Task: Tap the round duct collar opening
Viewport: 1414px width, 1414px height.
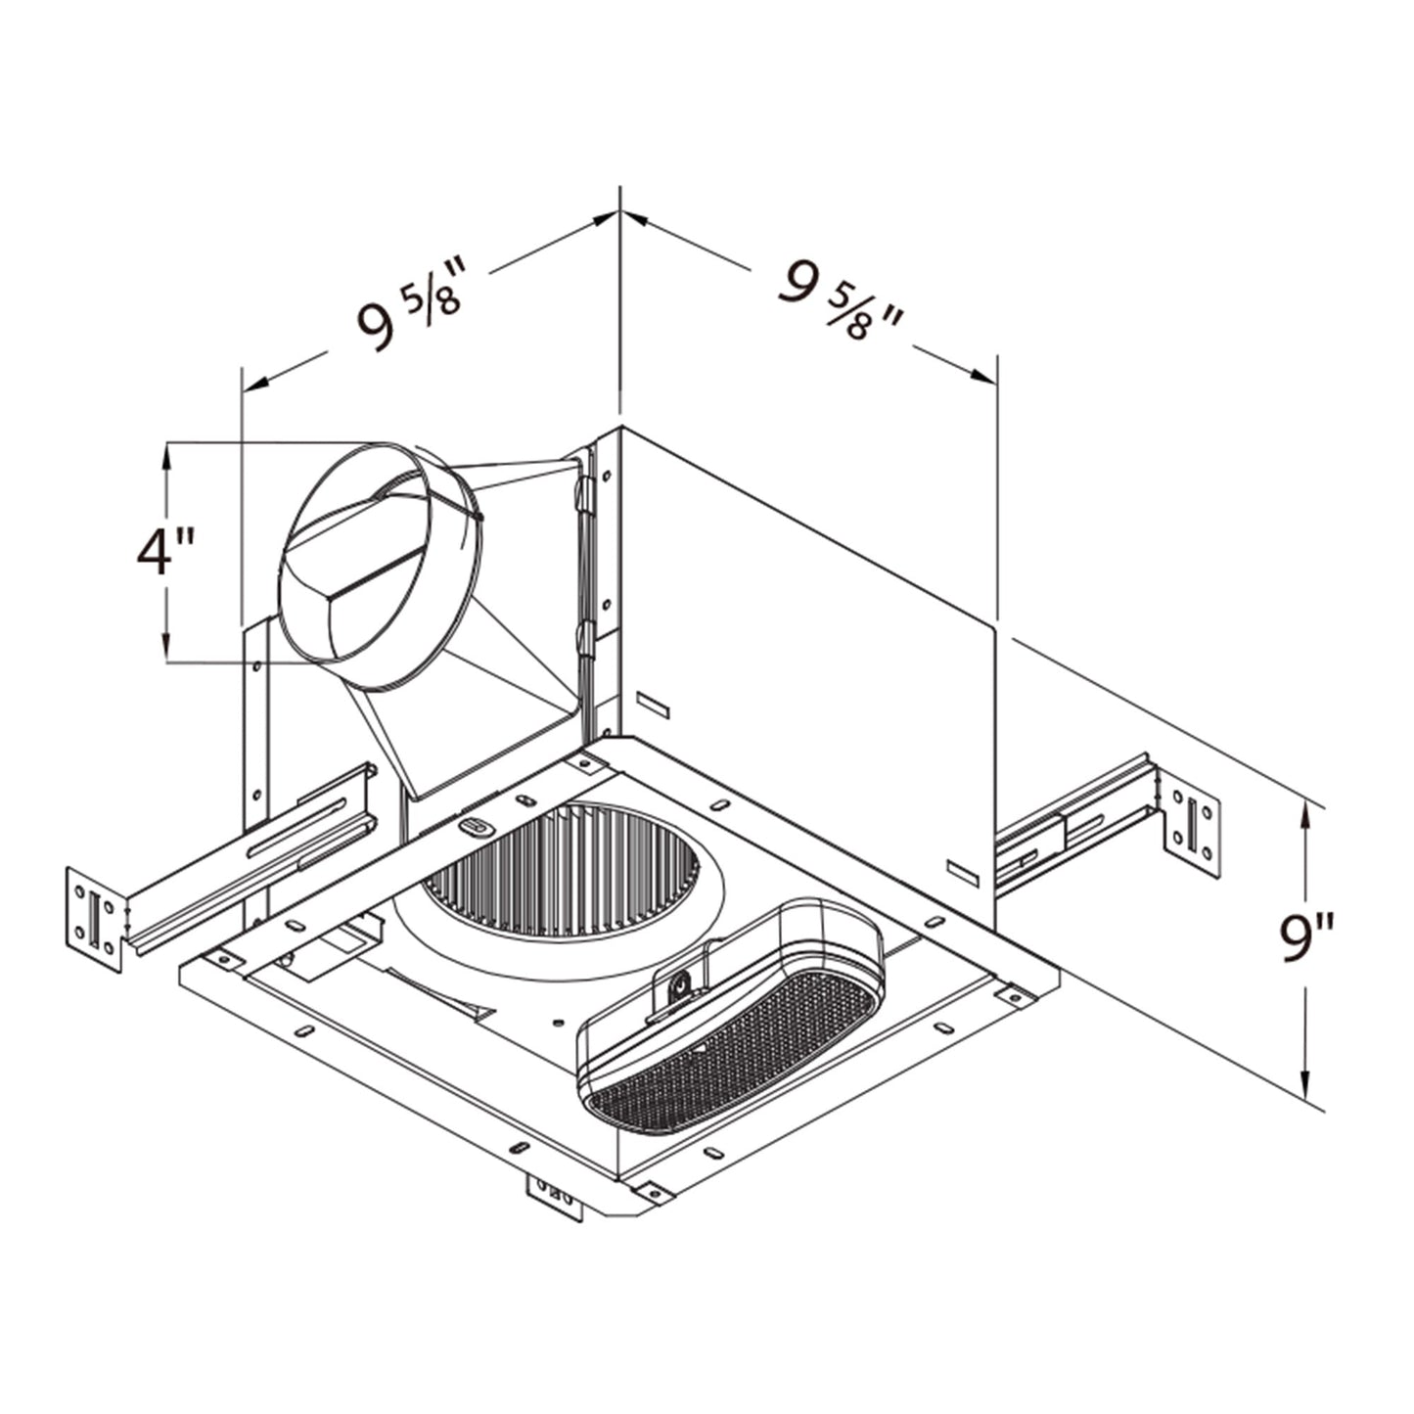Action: pyautogui.click(x=382, y=565)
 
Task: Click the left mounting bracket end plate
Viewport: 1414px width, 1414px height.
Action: pyautogui.click(x=94, y=920)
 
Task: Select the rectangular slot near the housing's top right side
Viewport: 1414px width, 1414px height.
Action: pyautogui.click(x=649, y=702)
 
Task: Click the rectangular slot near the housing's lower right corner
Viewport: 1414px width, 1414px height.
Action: pyautogui.click(x=963, y=871)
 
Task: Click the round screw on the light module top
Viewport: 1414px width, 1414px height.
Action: pyautogui.click(x=675, y=991)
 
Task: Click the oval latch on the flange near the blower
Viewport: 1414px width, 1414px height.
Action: pyautogui.click(x=474, y=827)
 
